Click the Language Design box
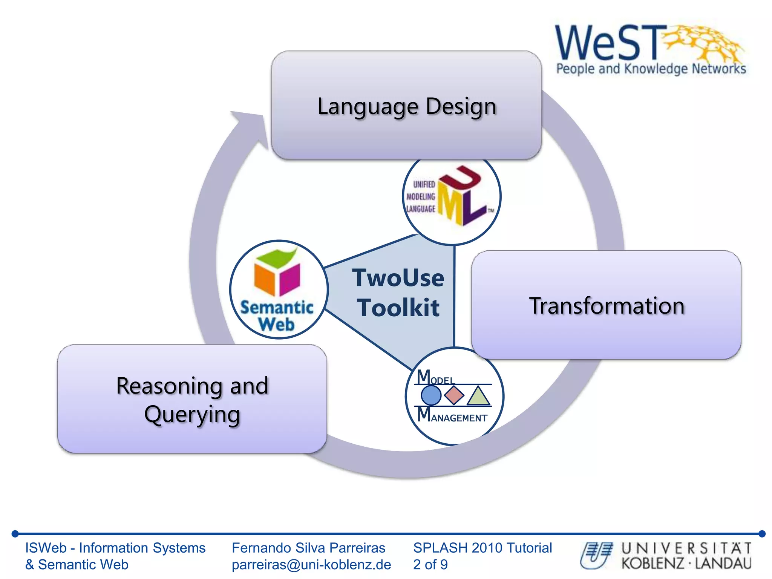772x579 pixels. [406, 106]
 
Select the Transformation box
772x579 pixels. [606, 305]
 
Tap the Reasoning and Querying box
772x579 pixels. [192, 399]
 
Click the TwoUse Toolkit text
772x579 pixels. [398, 293]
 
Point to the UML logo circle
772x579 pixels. [451, 196]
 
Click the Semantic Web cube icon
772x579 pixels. [277, 273]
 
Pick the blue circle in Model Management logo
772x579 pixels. [430, 395]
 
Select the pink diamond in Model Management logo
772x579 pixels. [454, 395]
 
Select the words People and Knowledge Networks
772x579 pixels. [651, 69]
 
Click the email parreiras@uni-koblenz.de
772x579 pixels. [311, 564]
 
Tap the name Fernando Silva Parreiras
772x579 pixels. [308, 548]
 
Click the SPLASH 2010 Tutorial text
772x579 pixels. [482, 548]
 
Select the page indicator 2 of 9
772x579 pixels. [430, 564]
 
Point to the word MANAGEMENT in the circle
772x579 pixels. [458, 418]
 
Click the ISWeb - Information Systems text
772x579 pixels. [115, 548]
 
